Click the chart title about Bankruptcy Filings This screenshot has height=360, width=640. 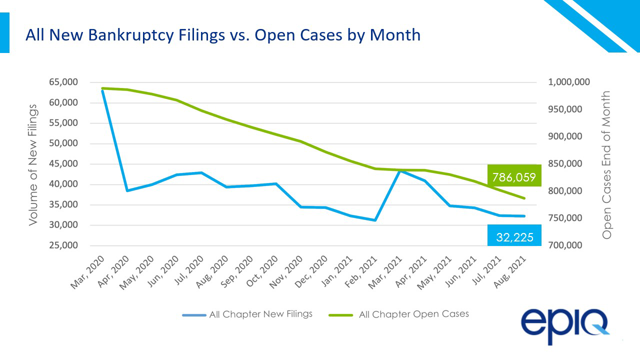click(x=223, y=35)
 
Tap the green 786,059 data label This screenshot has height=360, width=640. click(x=514, y=176)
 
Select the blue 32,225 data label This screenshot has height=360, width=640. click(x=514, y=237)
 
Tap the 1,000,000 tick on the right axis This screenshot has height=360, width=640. click(x=568, y=82)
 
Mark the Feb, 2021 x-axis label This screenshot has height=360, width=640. click(x=364, y=271)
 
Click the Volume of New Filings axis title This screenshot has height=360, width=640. click(x=33, y=164)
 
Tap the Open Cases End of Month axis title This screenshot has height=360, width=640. click(x=606, y=164)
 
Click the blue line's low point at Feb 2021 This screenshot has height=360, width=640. click(x=375, y=220)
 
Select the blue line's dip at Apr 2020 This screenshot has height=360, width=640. click(x=127, y=190)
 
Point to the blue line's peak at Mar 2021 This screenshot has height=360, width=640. click(x=400, y=170)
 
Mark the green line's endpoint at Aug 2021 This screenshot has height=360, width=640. click(x=524, y=198)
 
